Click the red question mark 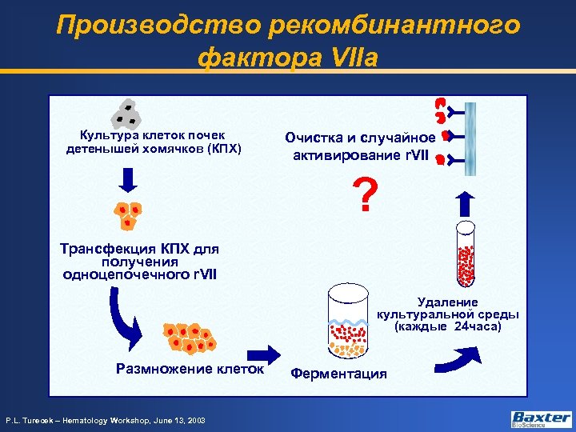[x=366, y=195]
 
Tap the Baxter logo [x=541, y=418]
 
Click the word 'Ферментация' [x=338, y=374]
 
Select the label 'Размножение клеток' [x=190, y=369]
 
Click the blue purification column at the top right [x=470, y=138]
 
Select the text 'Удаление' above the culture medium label [x=448, y=302]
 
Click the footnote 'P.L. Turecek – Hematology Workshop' [x=106, y=420]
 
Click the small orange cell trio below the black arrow [x=127, y=215]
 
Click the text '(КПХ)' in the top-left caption [x=224, y=149]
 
